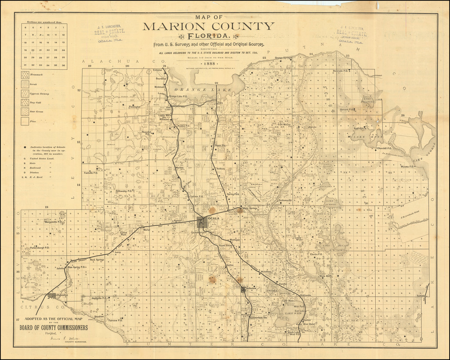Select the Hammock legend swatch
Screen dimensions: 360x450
(x=25, y=75)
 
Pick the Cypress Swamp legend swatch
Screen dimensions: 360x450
(x=25, y=94)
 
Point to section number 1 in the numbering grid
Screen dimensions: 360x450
(x=63, y=27)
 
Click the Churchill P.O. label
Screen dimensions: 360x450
(x=384, y=148)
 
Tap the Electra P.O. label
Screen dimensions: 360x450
(x=316, y=254)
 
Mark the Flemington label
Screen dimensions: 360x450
(x=134, y=107)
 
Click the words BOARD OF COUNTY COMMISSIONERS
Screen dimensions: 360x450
(x=53, y=328)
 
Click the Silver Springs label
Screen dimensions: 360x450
(x=249, y=208)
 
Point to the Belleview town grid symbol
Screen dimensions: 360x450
(x=243, y=288)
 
